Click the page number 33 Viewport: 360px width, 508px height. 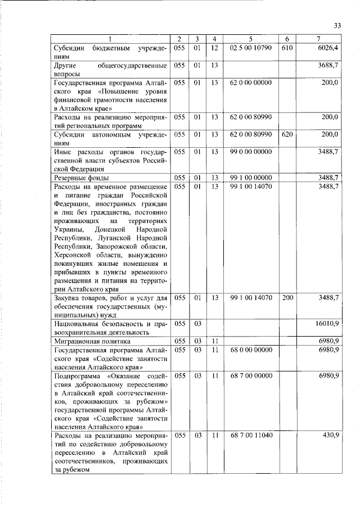338,25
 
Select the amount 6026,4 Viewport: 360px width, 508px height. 328,48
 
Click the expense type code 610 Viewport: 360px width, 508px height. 287,48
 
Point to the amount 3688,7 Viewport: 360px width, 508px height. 328,65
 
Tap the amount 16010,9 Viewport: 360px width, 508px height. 326,324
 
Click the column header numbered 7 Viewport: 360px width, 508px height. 318,39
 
